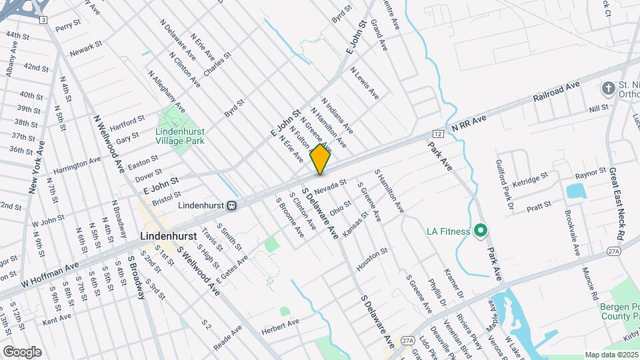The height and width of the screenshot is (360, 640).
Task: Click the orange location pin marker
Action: coord(320,158)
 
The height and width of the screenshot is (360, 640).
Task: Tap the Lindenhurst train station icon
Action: coord(231,206)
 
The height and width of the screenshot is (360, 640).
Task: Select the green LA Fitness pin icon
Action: coord(480,231)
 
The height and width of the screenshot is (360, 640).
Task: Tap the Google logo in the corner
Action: coord(22,351)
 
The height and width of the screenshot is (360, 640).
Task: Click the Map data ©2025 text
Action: coord(611,355)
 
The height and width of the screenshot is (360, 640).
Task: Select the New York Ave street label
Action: coord(36,167)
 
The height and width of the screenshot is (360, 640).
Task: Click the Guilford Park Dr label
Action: coord(503,182)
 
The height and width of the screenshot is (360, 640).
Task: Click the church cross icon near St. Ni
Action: coord(607,88)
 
